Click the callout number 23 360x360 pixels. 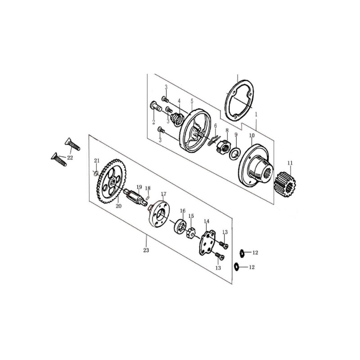(x=146, y=250)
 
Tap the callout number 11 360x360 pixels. (x=290, y=163)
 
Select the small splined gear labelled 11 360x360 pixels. (x=285, y=185)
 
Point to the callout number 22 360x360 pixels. (x=70, y=158)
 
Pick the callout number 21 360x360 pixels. (x=97, y=161)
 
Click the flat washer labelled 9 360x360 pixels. (x=234, y=153)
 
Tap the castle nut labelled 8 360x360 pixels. (x=223, y=147)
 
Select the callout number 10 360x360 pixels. (x=252, y=135)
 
